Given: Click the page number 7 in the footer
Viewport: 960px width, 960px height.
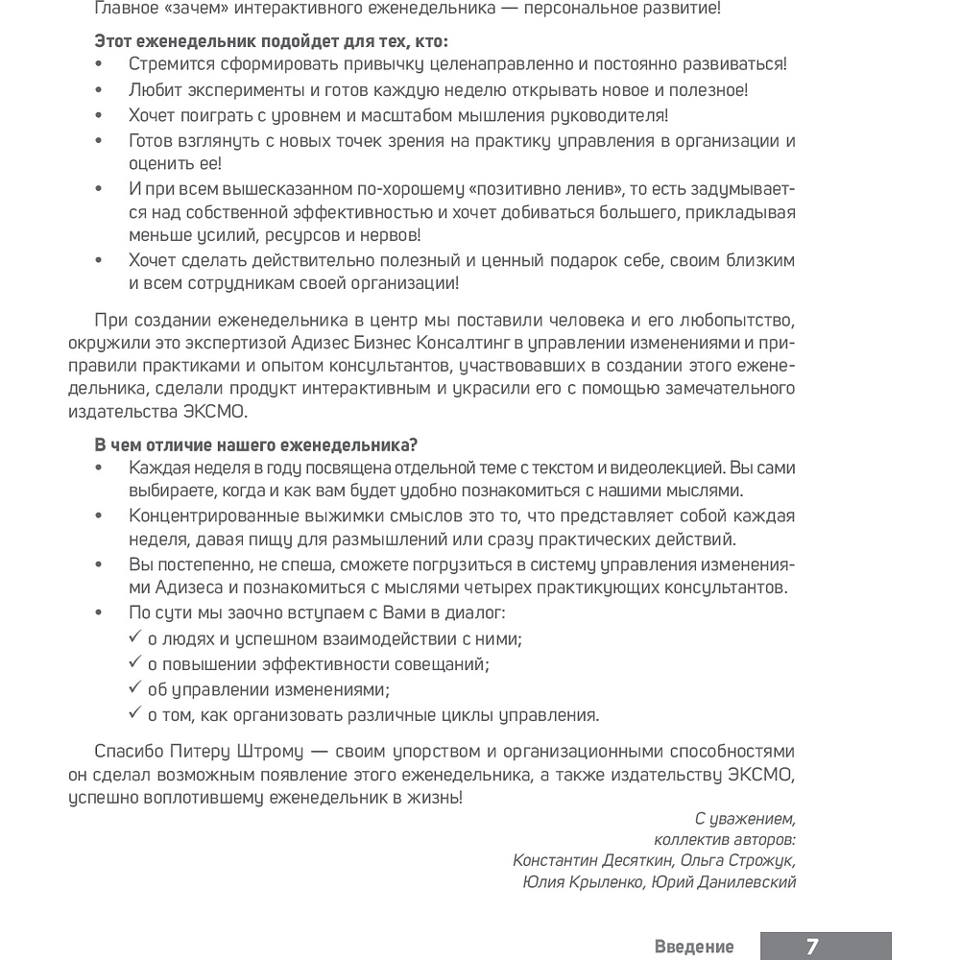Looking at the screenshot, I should coord(812,947).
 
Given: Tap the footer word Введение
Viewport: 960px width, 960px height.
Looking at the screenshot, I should coord(694,947).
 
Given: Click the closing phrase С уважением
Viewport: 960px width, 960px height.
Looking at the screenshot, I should coord(745,819).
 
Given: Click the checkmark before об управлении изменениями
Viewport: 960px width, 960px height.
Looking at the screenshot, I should coord(133,689).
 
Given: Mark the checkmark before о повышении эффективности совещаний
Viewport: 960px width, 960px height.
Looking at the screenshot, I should coord(133,663).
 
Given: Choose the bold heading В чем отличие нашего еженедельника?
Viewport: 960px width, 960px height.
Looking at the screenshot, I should coord(256,444).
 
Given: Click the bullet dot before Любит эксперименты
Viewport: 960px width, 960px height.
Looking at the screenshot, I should coord(99,91).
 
